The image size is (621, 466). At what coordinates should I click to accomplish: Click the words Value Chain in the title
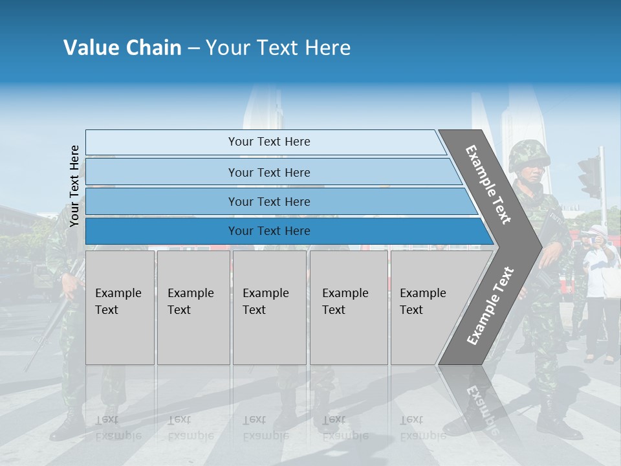pos(122,48)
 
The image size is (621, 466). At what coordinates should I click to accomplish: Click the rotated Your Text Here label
pos(74,186)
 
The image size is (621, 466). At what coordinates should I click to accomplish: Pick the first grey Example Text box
pos(120,307)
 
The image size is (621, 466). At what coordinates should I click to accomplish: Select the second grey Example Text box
pos(193,307)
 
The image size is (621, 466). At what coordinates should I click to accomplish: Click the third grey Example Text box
pos(269,307)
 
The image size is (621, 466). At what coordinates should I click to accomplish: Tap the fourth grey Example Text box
pos(348,307)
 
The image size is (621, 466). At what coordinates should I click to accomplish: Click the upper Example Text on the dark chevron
pos(488,184)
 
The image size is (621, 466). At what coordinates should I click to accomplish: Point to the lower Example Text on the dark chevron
pos(490,305)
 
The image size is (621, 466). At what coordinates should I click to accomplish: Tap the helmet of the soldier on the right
pos(528,154)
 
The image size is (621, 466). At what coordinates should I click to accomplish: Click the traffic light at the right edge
pos(590,177)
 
